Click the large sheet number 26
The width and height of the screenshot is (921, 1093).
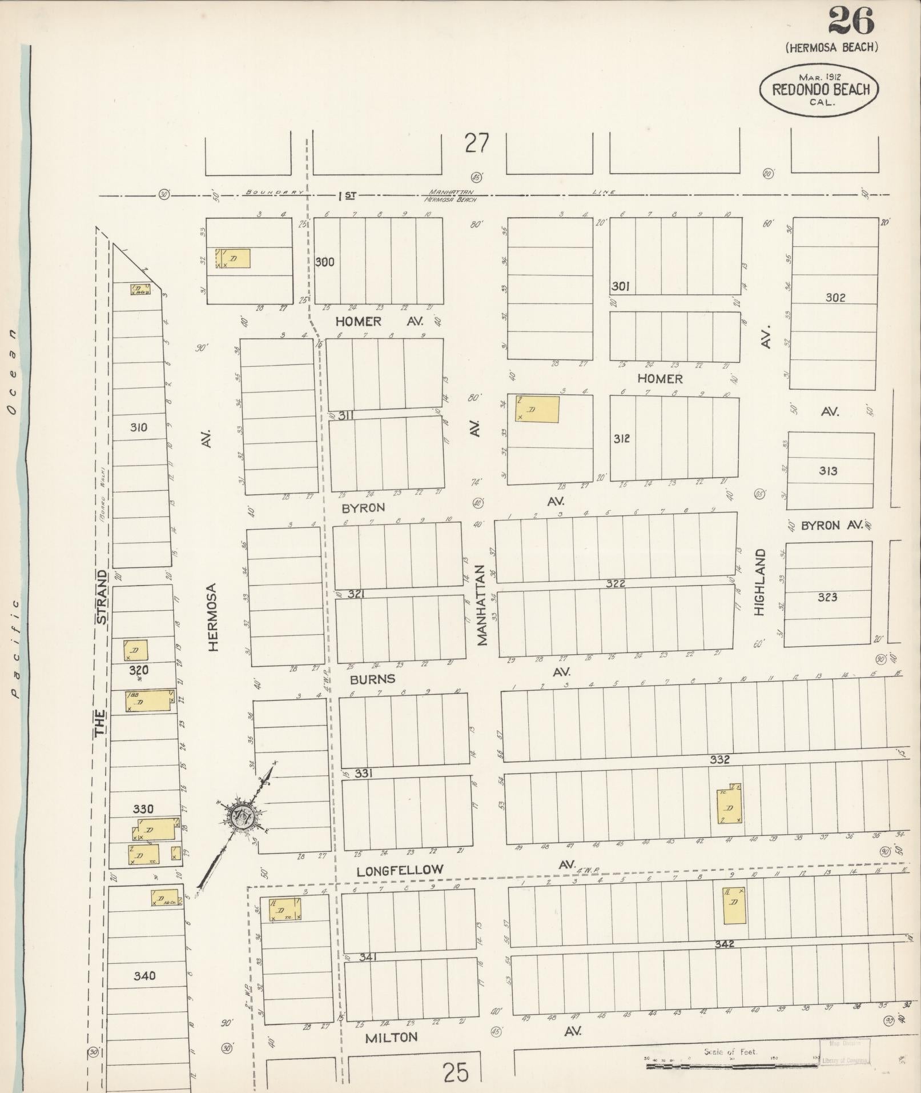click(x=850, y=22)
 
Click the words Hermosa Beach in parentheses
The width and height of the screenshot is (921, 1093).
click(x=831, y=47)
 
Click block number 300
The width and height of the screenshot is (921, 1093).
click(x=325, y=262)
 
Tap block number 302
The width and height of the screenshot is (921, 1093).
click(x=835, y=298)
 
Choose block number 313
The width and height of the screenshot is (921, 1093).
click(x=828, y=471)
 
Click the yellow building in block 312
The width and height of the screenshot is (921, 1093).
click(x=537, y=409)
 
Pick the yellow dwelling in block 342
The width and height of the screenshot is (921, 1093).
click(x=734, y=905)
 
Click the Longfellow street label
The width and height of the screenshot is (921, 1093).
click(x=400, y=870)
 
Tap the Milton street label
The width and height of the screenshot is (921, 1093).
click(x=391, y=1038)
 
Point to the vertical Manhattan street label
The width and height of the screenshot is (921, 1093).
click(x=481, y=606)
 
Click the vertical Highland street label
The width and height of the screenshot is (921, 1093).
click(x=759, y=582)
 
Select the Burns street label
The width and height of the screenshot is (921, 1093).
click(x=372, y=679)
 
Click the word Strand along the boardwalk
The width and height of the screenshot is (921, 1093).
click(x=101, y=596)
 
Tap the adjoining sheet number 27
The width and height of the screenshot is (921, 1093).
click(x=476, y=143)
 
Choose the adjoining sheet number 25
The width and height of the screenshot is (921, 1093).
click(x=455, y=1072)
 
